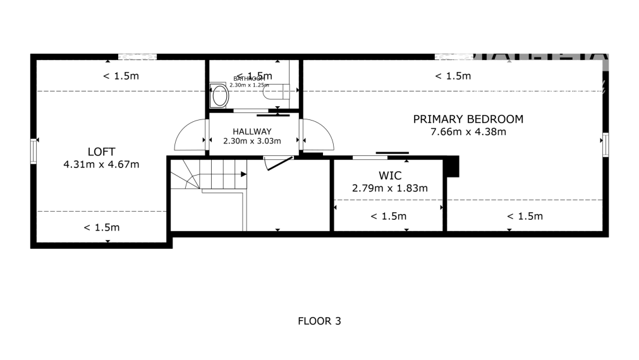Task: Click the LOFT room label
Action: click(x=101, y=152)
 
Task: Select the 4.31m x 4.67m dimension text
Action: click(x=101, y=164)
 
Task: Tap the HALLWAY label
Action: click(x=252, y=131)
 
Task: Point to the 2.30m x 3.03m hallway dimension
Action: click(x=252, y=141)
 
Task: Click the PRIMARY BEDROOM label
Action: click(x=468, y=119)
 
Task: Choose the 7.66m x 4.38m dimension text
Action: click(x=468, y=132)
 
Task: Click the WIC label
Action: click(x=390, y=175)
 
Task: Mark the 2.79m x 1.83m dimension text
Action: click(x=390, y=188)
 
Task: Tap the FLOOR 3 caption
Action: click(x=319, y=321)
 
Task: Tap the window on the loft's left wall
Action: click(x=33, y=152)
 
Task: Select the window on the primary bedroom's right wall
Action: click(x=605, y=144)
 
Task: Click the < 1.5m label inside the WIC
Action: click(x=388, y=216)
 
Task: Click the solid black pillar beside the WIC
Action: click(x=451, y=167)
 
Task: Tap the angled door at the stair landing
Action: click(x=278, y=163)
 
